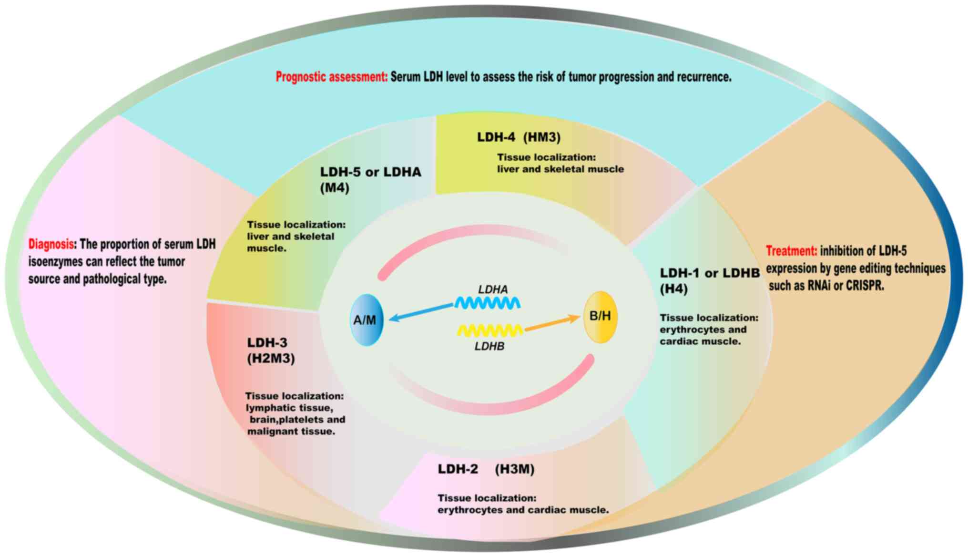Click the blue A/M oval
pyautogui.click(x=366, y=320)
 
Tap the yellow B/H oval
pyautogui.click(x=600, y=317)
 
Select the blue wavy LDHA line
pyautogui.click(x=487, y=303)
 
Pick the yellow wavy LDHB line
pyautogui.click(x=490, y=330)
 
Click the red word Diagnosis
pyautogui.click(x=51, y=244)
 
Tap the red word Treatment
pyautogui.click(x=791, y=251)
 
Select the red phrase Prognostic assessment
pyautogui.click(x=332, y=77)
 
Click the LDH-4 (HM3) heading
pyautogui.click(x=519, y=137)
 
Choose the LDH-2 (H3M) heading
pyautogui.click(x=486, y=469)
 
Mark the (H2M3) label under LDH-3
pyautogui.click(x=271, y=359)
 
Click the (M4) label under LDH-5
pyautogui.click(x=335, y=188)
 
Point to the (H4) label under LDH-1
pyautogui.click(x=673, y=289)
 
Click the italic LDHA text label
pyautogui.click(x=493, y=289)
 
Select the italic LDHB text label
pyautogui.click(x=489, y=346)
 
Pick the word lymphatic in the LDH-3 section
pyautogui.click(x=270, y=408)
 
